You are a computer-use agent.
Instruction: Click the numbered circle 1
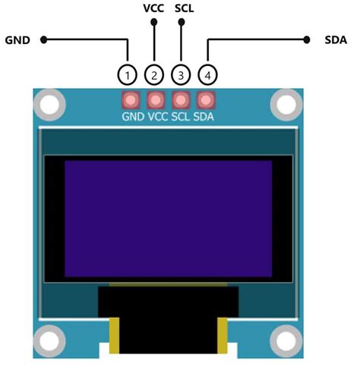128,75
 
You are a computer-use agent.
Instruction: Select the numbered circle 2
154,75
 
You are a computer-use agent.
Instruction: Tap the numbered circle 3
180,75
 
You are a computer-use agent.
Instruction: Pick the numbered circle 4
206,75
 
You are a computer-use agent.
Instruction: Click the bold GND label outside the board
17,40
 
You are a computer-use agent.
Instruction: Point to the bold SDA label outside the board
336,40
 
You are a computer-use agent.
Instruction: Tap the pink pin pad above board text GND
131,99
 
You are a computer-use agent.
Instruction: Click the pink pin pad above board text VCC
156,99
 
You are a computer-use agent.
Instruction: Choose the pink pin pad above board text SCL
181,99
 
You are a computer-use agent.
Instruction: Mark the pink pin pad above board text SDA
205,99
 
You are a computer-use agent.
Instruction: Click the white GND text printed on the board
133,117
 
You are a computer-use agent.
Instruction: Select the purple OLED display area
168,219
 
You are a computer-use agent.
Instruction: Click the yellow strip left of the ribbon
115,335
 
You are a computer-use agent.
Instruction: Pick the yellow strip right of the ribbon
223,335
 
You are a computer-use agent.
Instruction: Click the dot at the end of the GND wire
44,39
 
